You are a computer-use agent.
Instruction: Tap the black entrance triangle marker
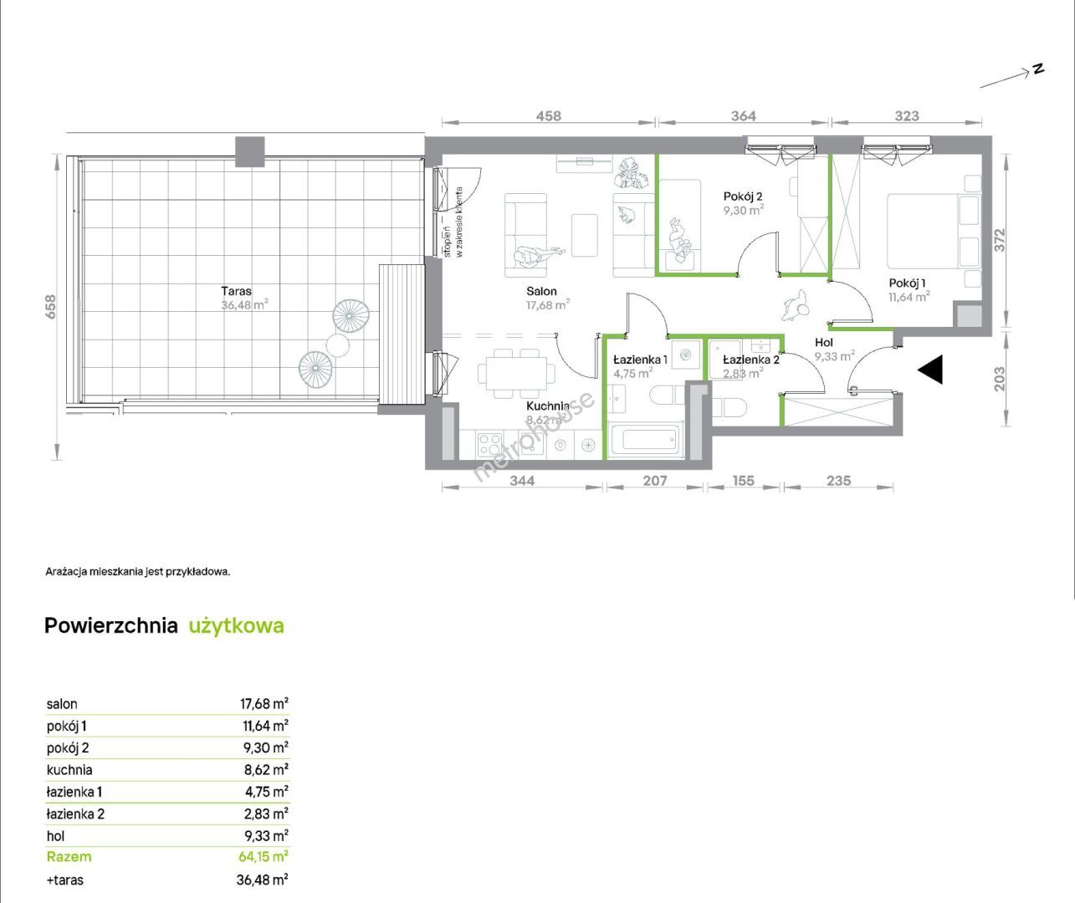pos(930,369)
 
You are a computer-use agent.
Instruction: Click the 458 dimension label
pos(548,116)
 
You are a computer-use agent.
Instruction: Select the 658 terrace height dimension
pos(50,306)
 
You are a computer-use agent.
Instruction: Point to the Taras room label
pos(236,291)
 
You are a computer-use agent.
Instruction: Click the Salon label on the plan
pos(541,291)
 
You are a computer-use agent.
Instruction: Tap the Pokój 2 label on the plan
pos(742,196)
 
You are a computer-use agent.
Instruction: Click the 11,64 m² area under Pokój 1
pos(909,297)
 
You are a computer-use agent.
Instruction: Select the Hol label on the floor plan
pos(824,342)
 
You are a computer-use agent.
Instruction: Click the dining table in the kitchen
pos(516,373)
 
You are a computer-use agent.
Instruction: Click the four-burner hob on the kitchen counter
pos(489,445)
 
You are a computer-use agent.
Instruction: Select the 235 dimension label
pos(838,481)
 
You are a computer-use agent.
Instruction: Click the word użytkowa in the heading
pos(236,626)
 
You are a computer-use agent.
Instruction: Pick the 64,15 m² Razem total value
pos(263,857)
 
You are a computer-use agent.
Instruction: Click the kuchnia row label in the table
pos(69,770)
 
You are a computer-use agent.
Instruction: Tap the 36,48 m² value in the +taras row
pos(262,880)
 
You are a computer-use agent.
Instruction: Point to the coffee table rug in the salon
pos(585,235)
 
